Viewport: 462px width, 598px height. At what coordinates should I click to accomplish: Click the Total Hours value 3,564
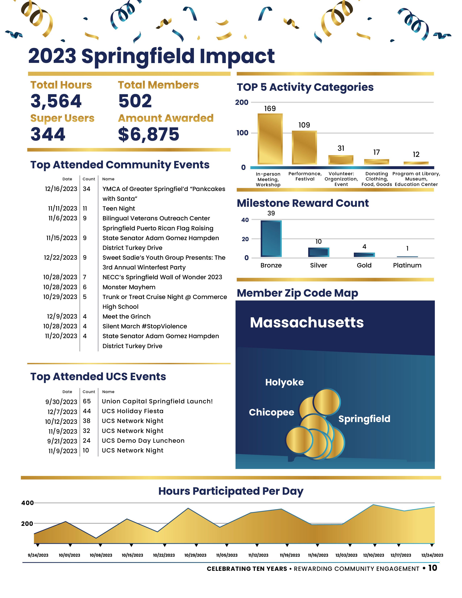[56, 101]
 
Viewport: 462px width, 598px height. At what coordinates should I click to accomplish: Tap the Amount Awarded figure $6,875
[149, 134]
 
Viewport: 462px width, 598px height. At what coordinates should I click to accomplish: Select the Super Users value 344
[48, 134]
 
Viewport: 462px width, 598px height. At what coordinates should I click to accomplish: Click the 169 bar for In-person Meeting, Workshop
[270, 139]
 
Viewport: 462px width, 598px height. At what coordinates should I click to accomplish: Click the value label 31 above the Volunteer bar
[341, 148]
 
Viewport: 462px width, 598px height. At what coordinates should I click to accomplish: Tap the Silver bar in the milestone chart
[319, 252]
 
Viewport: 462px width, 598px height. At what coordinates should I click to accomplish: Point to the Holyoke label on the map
[284, 382]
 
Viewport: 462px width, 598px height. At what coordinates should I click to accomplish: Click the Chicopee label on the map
[272, 412]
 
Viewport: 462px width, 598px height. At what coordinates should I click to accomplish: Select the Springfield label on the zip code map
[364, 419]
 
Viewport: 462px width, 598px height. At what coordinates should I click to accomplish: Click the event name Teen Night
[119, 209]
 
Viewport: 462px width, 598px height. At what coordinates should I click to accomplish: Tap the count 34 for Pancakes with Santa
[86, 189]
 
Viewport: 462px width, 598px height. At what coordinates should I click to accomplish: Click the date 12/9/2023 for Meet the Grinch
[62, 317]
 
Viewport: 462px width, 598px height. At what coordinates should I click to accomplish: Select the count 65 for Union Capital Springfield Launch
[87, 401]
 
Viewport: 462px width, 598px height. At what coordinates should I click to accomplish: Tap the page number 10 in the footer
[433, 568]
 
